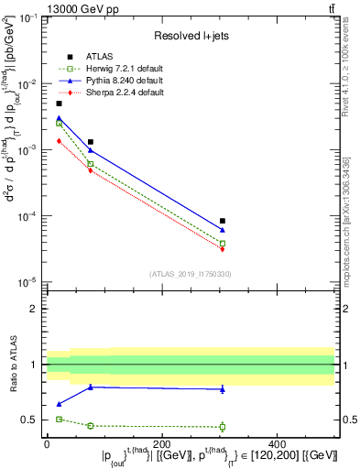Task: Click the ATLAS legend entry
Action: coord(94,55)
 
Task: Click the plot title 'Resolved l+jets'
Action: coord(191,36)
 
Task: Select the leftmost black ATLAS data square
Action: coord(60,104)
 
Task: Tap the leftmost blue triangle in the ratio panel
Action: coord(60,404)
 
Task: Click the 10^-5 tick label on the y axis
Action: coord(27,282)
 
